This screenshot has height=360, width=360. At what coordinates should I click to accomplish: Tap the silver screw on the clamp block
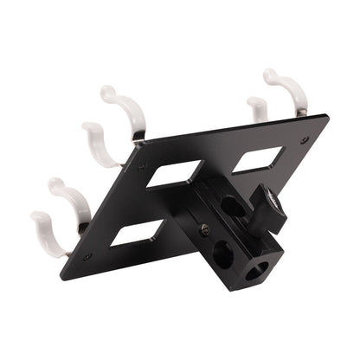[x=205, y=228]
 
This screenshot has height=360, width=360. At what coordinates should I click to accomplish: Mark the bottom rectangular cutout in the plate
[x=133, y=233]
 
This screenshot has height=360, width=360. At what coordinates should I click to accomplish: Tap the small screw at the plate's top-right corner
[x=304, y=139]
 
